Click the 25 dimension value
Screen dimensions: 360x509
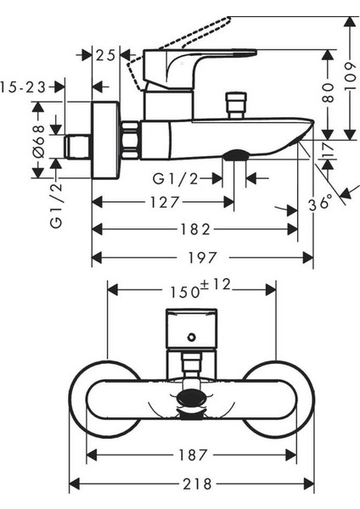point(105,55)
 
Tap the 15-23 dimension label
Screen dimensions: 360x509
point(23,87)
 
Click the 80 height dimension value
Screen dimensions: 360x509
point(328,92)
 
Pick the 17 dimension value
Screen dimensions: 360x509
point(328,148)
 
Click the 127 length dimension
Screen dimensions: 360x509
point(165,203)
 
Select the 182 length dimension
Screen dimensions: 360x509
point(195,230)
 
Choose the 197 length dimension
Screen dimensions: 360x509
point(202,258)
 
